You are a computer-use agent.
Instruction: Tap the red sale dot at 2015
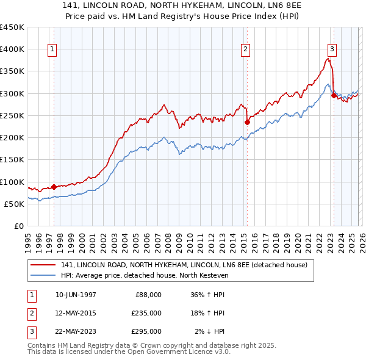[247, 122]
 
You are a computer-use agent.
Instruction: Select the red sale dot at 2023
[334, 95]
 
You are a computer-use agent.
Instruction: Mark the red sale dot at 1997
[54, 187]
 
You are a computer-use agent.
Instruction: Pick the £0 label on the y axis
[18, 226]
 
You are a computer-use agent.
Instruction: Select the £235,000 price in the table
[146, 313]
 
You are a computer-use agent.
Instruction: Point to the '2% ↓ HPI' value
[210, 331]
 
